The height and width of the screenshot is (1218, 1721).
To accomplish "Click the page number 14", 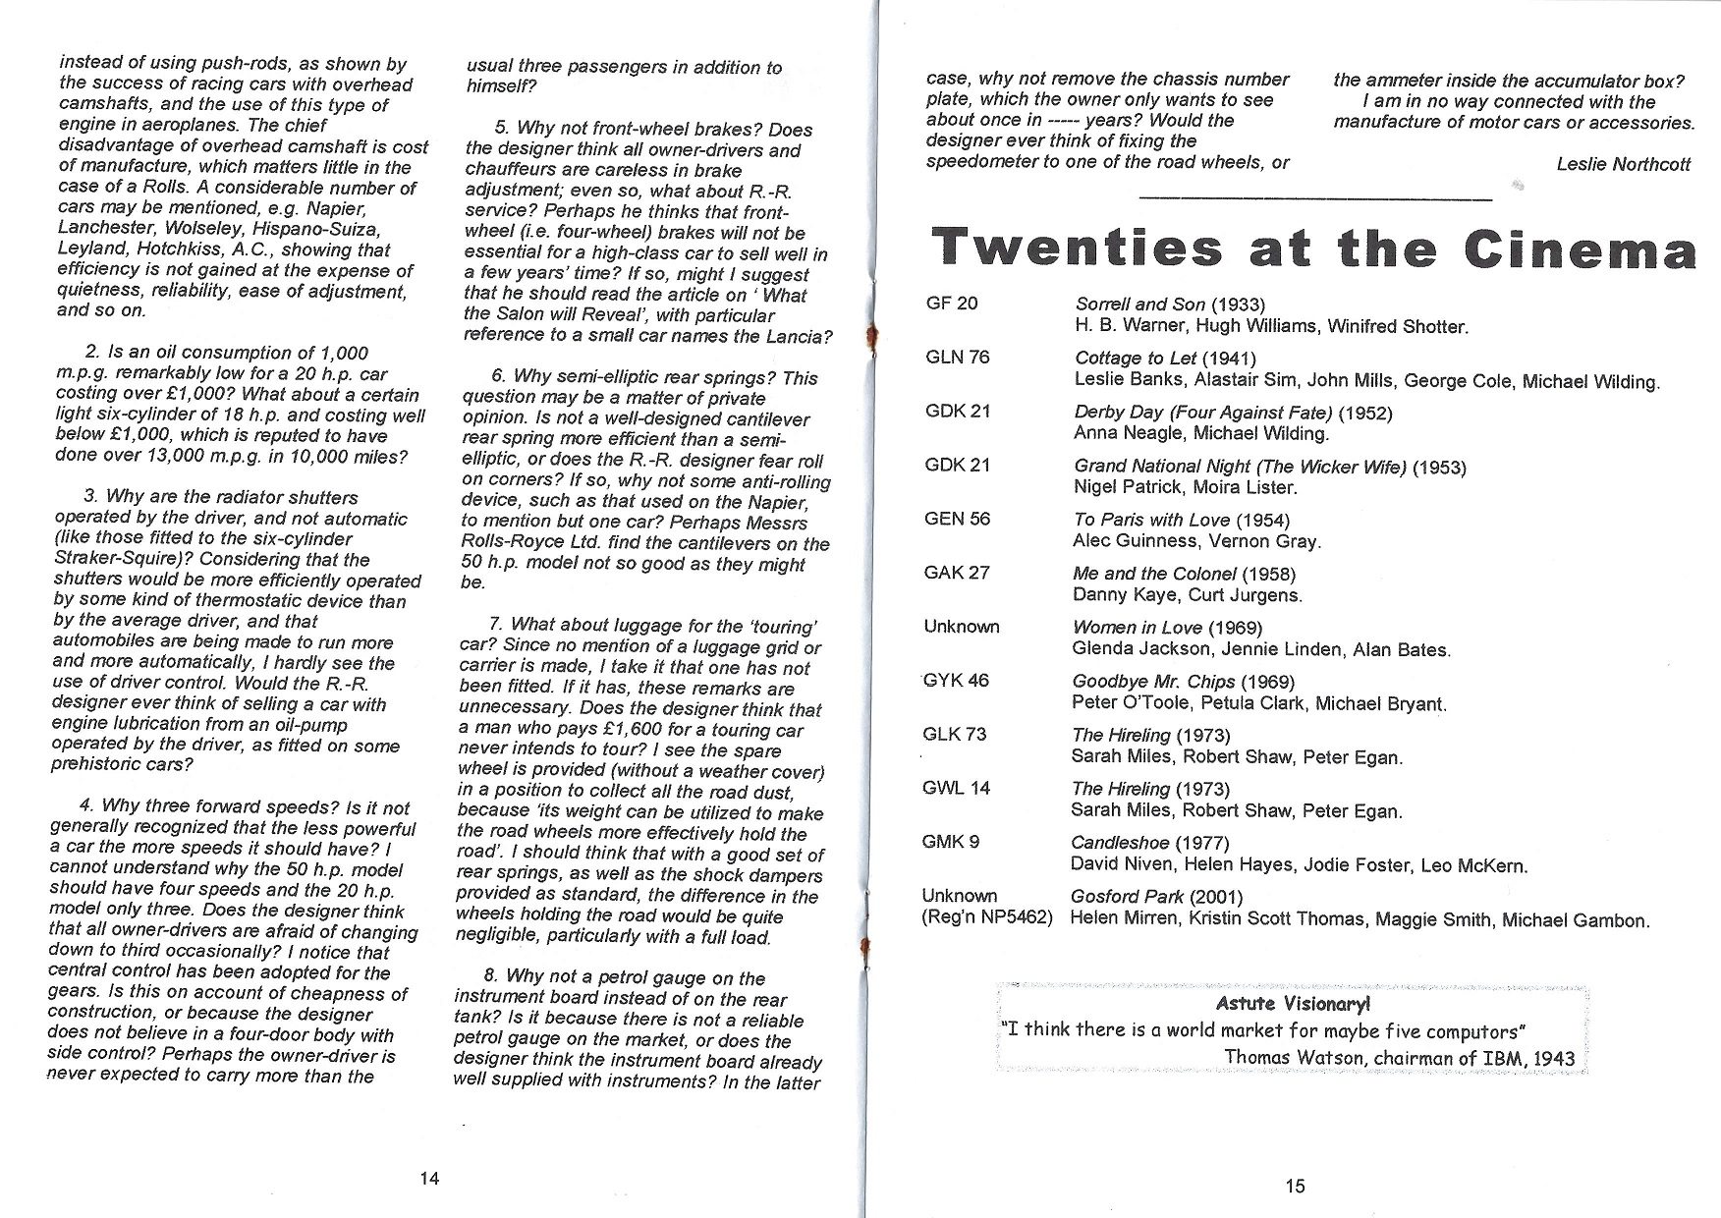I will click(429, 1179).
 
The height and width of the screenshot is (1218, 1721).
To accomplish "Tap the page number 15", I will click(1295, 1186).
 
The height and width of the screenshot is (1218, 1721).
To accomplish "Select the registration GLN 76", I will click(958, 358).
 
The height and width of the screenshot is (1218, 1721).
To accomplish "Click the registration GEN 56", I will click(958, 519).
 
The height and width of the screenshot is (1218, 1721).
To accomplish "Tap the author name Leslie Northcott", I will click(1623, 164).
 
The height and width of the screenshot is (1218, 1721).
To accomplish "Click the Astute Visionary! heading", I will click(1293, 1003).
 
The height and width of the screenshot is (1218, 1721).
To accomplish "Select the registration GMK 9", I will click(952, 842).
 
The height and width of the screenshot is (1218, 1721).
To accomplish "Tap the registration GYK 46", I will click(956, 680).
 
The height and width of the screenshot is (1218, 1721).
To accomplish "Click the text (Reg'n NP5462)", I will click(986, 918).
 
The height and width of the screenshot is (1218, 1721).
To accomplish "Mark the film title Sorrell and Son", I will click(1139, 304).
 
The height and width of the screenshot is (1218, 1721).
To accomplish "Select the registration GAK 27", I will click(957, 573).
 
